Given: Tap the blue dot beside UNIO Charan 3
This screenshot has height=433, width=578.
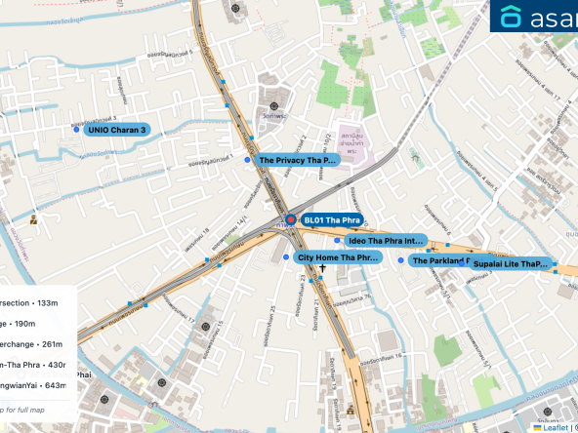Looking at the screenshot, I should pos(76,129).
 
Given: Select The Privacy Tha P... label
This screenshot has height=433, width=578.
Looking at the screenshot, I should pos(298,159).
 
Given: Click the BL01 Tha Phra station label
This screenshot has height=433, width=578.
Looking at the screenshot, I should pos(333,220).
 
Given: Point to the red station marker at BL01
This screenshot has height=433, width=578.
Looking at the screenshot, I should pos(289,220).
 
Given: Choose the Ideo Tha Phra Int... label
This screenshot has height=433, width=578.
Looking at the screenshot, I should pos(387,240).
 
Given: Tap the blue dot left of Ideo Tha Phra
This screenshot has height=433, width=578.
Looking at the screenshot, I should pos(337,240).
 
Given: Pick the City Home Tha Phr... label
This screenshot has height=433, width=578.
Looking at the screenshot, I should pos(338,257).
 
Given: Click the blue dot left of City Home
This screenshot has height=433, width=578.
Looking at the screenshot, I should pos(285,257).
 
